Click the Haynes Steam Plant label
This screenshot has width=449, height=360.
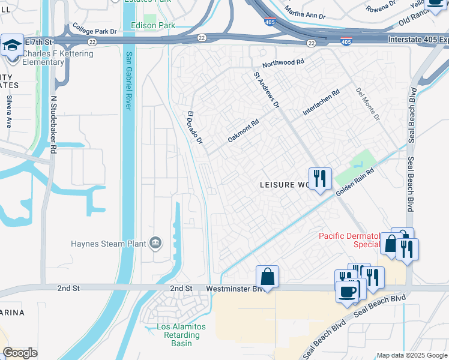pyautogui.click(x=108, y=244)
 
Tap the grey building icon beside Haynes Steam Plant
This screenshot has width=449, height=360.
pyautogui.click(x=155, y=242)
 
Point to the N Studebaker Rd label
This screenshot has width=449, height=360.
pyautogui.click(x=53, y=124)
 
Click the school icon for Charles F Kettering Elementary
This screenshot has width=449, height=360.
pyautogui.click(x=12, y=46)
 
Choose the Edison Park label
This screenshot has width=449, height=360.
pyautogui.click(x=152, y=26)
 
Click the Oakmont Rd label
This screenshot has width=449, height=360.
pyautogui.click(x=243, y=130)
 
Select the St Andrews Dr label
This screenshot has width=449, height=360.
pyautogui.click(x=267, y=90)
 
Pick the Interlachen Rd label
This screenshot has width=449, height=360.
pyautogui.click(x=321, y=103)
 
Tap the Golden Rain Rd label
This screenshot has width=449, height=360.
pyautogui.click(x=355, y=181)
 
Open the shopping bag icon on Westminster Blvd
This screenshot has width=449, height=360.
pyautogui.click(x=267, y=277)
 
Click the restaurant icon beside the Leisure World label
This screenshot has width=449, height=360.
pyautogui.click(x=320, y=179)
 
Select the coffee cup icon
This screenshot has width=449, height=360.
pyautogui.click(x=348, y=292)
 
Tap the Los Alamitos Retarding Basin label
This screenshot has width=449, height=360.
pyautogui.click(x=181, y=335)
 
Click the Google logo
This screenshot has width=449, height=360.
pyautogui.click(x=20, y=353)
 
